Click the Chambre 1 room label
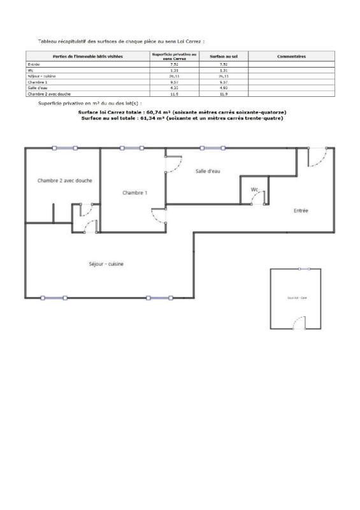coord(135,193)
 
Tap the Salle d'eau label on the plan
coord(208,171)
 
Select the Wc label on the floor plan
coord(254,189)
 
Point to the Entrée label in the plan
coord(301,210)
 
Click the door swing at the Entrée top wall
coord(317,157)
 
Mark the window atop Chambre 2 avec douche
coord(64,149)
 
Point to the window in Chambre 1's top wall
coord(131,149)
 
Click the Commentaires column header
coord(292,56)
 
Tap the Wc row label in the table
coord(30,70)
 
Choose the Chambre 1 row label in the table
coord(36,82)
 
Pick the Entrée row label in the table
coord(33,64)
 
